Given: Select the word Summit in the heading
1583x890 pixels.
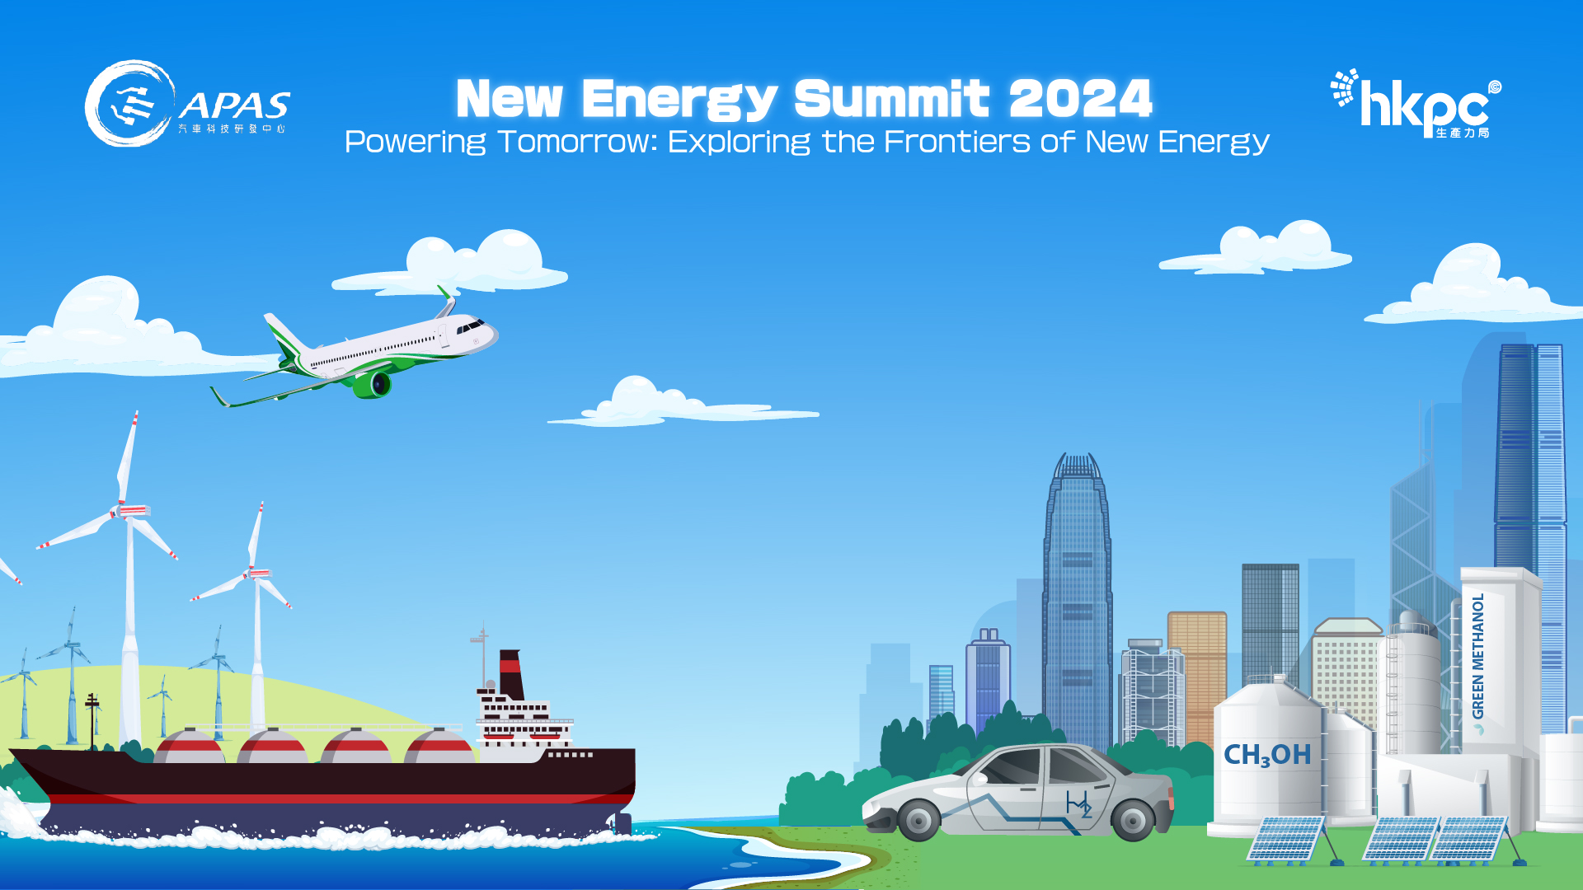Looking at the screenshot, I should click(x=891, y=99).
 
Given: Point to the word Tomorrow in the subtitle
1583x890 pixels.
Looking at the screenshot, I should click(x=577, y=142).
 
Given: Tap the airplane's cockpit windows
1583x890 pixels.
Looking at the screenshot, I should click(x=471, y=327).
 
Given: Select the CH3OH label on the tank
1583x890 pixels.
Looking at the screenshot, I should click(x=1266, y=754).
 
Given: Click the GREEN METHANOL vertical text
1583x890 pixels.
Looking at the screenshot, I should click(x=1478, y=656).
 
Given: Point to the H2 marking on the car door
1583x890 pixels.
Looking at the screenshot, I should click(x=1078, y=803).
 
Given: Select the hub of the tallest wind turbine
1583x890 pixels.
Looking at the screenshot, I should click(x=126, y=511).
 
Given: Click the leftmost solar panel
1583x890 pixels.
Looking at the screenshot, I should click(x=1286, y=839).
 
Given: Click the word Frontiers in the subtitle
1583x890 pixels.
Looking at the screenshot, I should click(x=956, y=142).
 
